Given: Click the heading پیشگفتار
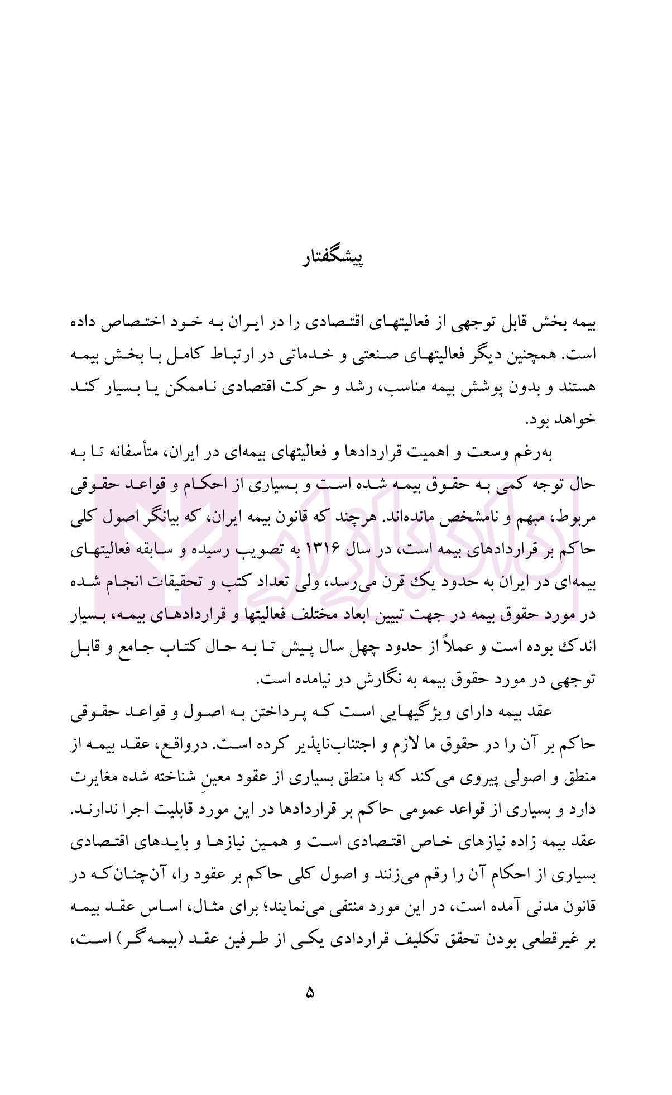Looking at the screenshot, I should [333, 259].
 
